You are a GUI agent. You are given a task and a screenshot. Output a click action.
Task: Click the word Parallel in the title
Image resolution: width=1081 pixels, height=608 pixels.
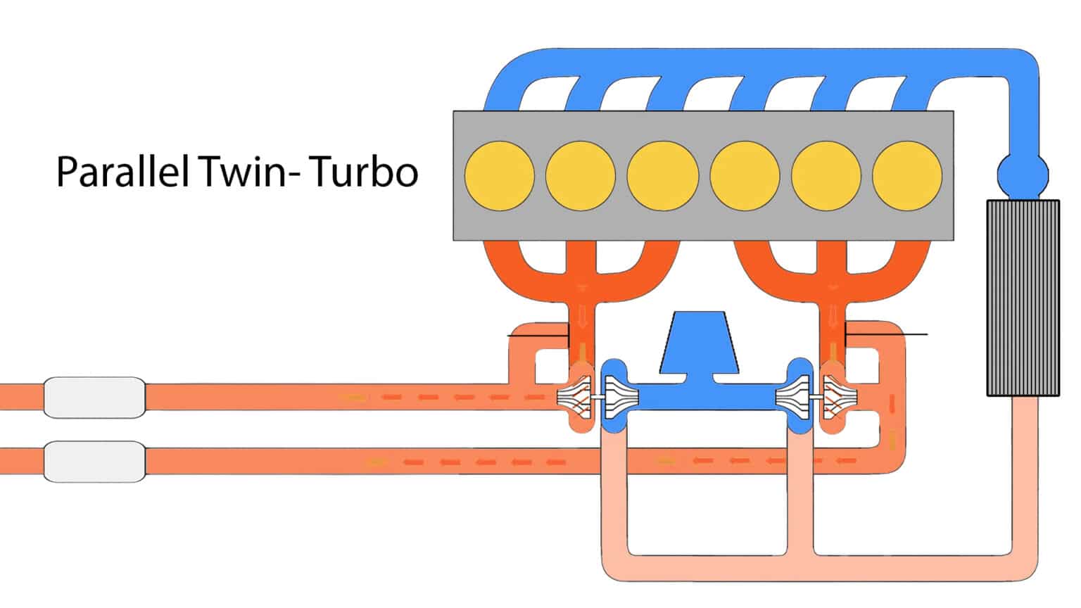120,172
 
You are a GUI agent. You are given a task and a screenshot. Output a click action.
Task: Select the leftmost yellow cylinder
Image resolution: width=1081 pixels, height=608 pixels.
500,176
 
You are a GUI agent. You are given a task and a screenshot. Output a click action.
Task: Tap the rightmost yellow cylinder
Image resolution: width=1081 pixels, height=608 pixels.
907,176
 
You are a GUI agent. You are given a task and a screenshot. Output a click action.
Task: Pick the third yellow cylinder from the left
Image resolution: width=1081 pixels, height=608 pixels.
662,176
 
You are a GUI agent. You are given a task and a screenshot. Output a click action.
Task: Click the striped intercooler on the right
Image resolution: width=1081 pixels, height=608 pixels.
1023,298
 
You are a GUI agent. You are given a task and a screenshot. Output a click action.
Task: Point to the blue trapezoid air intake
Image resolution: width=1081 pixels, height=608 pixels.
699,345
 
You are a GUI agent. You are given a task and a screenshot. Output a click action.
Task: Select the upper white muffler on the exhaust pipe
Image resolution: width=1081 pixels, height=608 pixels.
94,397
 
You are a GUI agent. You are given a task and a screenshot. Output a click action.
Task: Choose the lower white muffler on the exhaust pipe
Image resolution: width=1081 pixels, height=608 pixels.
94,461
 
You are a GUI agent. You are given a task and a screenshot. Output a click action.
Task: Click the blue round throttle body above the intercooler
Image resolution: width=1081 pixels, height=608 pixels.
1023,173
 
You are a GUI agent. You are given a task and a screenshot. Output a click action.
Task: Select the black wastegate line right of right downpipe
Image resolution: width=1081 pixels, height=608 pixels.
887,334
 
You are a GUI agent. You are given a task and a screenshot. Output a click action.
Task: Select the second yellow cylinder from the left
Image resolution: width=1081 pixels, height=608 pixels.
581,176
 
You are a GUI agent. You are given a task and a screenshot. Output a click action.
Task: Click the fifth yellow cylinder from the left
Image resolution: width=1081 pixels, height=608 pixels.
826,176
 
